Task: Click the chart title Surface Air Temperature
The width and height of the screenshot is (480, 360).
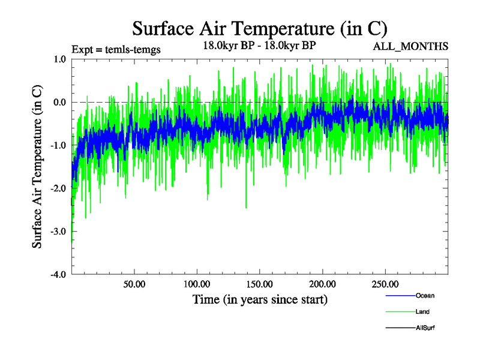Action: pyautogui.click(x=260, y=28)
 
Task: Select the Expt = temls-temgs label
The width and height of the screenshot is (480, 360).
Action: pyautogui.click(x=116, y=49)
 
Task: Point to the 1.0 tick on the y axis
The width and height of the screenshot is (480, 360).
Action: pyautogui.click(x=59, y=59)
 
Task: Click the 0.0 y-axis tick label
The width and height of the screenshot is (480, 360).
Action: pyautogui.click(x=59, y=102)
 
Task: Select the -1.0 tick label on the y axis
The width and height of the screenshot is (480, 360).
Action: pyautogui.click(x=58, y=145)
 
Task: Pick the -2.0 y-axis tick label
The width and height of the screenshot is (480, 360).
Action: pyautogui.click(x=58, y=188)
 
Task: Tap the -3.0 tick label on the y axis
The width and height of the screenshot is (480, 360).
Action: pyautogui.click(x=58, y=231)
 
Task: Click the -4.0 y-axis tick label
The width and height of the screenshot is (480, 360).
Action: pyautogui.click(x=58, y=274)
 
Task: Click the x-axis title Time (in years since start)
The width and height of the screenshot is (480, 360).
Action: pyautogui.click(x=260, y=299)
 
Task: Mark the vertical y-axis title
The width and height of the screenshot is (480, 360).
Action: pyautogui.click(x=37, y=167)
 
